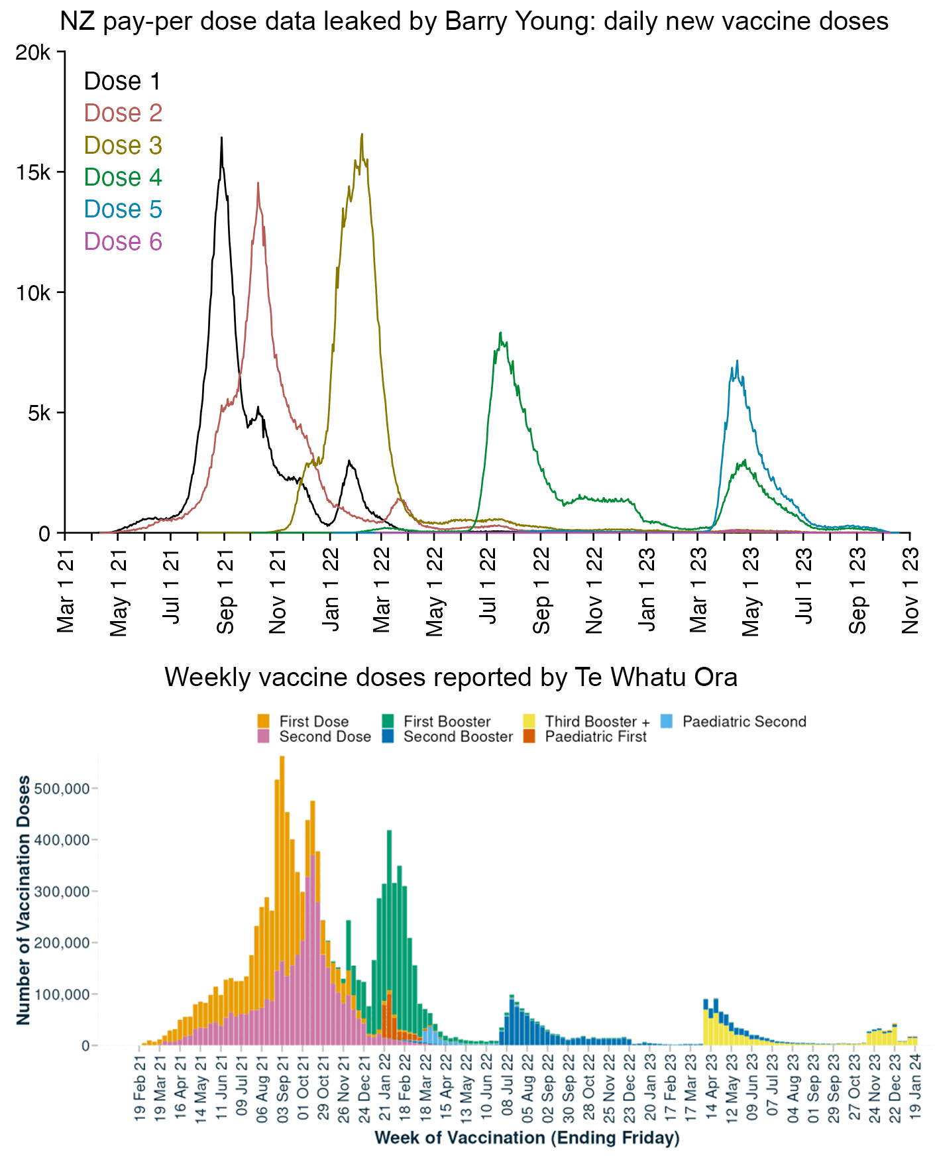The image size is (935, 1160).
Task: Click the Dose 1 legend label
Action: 122,82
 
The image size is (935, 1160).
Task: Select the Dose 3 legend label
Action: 123,146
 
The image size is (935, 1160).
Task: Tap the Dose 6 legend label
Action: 123,242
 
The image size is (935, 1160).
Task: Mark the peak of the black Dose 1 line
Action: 221,137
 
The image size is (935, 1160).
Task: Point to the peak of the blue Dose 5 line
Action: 737,361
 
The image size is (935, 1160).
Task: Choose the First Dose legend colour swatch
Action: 264,721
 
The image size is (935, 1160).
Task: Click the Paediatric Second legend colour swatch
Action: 667,721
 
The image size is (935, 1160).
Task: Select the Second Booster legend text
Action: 458,736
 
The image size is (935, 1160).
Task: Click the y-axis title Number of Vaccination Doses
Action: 24,900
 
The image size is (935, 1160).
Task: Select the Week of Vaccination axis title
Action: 527,1138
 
